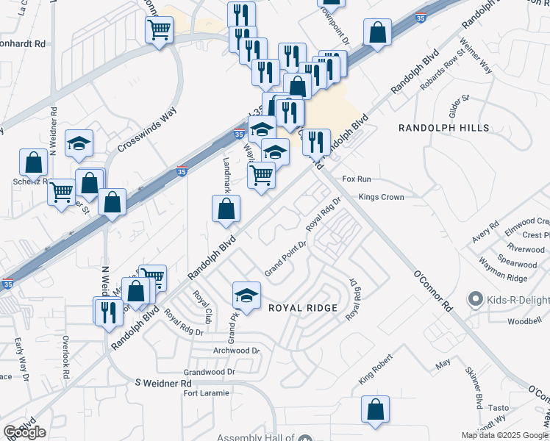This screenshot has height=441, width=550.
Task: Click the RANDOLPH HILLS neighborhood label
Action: click(x=443, y=128)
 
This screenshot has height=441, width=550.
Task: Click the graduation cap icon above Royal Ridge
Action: click(x=247, y=295)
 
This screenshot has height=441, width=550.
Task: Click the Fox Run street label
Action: click(x=357, y=179)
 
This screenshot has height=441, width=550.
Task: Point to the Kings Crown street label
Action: click(x=382, y=197)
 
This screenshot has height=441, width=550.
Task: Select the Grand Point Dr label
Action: click(x=285, y=259)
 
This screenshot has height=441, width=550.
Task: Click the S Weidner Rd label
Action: click(x=163, y=384)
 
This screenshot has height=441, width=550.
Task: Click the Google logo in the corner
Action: click(x=24, y=432)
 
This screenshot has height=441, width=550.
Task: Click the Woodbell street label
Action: click(x=524, y=321)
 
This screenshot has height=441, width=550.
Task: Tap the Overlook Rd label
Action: click(x=65, y=358)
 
